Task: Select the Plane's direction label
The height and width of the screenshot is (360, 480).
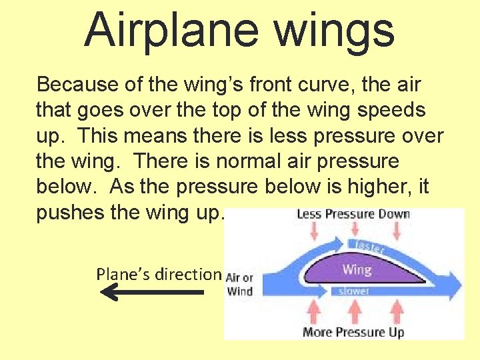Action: click(158, 273)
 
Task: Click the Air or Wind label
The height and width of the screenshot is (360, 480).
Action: click(239, 284)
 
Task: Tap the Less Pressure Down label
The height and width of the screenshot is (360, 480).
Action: click(353, 214)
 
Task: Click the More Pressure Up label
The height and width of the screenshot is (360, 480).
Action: click(353, 332)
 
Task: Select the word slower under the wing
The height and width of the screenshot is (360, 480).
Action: click(355, 291)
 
